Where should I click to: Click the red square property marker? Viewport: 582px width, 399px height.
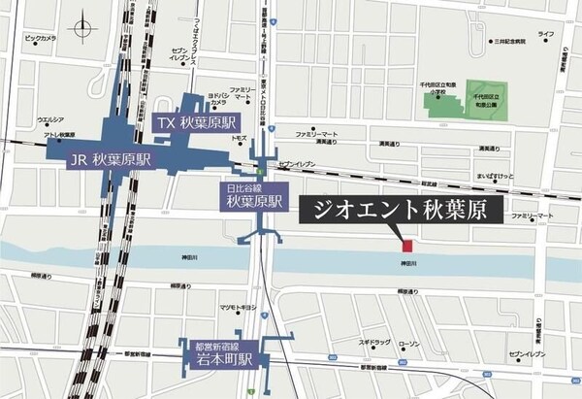[408, 246]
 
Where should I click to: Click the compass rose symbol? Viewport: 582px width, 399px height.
[81, 26]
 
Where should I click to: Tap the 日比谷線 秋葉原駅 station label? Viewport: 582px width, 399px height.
[249, 196]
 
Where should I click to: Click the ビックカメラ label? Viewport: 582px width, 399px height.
[40, 38]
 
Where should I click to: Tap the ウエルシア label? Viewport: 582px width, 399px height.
[50, 120]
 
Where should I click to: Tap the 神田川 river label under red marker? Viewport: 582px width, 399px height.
[408, 263]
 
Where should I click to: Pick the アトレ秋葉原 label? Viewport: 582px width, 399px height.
[57, 136]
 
